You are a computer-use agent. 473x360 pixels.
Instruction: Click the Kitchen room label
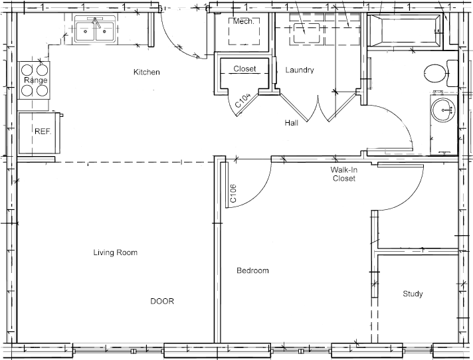point(147,72)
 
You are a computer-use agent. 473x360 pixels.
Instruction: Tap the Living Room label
point(115,252)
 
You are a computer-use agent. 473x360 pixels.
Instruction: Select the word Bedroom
point(252,270)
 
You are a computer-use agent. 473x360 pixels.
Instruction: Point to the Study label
point(413,294)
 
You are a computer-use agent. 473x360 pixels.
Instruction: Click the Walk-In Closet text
point(344,174)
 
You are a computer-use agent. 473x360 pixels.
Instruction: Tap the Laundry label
point(300,70)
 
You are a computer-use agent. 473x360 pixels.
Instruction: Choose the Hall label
point(292,123)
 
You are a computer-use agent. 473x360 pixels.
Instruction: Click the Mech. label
point(243,21)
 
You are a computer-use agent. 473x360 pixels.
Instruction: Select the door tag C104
point(243,100)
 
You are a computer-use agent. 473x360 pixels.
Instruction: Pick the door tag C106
point(233,193)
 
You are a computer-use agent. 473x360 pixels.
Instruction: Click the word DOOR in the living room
point(162,301)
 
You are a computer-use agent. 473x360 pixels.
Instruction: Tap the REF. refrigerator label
point(43,132)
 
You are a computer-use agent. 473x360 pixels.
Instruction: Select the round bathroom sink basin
point(442,110)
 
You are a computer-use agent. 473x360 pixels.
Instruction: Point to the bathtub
point(405,31)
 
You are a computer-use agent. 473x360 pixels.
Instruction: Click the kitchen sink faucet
point(96,22)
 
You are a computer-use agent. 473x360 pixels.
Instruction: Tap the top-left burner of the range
point(27,70)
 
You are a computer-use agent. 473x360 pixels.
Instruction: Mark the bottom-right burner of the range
point(43,90)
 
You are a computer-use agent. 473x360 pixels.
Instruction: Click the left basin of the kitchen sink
point(86,31)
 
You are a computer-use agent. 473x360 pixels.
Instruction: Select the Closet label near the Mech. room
point(244,68)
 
